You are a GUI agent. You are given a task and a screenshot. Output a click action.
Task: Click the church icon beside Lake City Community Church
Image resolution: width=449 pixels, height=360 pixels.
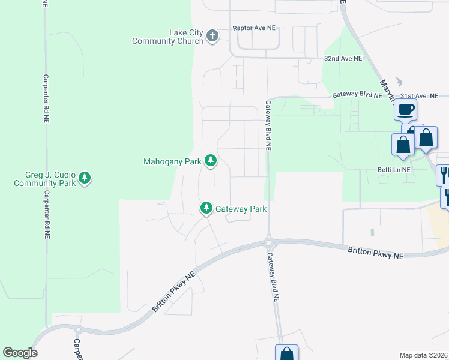click(x=212, y=37)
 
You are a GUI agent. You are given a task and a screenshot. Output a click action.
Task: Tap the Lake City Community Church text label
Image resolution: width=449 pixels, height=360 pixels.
click(x=169, y=37)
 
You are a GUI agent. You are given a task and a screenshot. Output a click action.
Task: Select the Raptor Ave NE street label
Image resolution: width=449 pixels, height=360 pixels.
click(x=254, y=28)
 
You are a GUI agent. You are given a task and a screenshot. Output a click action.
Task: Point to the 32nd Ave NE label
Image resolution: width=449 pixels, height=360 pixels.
click(x=343, y=59)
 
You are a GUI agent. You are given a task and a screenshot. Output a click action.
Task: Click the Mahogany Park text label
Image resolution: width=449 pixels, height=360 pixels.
click(x=173, y=161)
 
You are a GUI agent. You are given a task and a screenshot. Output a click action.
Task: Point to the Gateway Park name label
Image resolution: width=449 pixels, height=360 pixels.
click(x=241, y=209)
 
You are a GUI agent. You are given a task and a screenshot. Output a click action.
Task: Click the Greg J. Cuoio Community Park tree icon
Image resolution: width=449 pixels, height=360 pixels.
click(x=85, y=178)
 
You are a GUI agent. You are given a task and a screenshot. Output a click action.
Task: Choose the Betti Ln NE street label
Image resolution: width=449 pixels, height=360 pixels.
click(x=397, y=170)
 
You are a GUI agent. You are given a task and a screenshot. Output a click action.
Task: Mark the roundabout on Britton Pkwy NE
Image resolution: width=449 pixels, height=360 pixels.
click(x=268, y=244)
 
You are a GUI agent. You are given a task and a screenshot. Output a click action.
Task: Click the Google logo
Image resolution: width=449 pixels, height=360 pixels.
click(x=20, y=353)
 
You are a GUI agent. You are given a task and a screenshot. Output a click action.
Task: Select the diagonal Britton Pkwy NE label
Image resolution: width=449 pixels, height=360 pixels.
click(x=174, y=290)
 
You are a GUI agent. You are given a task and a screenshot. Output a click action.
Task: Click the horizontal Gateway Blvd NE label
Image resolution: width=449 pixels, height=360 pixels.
click(x=357, y=95)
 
